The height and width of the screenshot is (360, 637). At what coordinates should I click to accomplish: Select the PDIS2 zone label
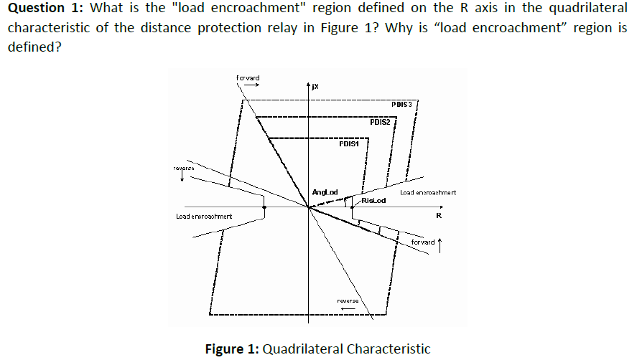tap(380, 122)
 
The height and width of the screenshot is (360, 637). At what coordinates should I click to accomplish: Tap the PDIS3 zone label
tap(401, 105)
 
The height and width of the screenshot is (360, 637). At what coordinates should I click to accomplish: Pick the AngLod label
tap(325, 191)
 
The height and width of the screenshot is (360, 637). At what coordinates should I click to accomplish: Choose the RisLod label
tap(374, 201)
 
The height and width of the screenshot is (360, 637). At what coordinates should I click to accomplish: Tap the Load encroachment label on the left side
tap(204, 216)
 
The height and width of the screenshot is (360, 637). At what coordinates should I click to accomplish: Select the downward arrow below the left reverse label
tap(182, 176)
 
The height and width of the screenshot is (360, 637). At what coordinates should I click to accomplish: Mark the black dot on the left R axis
tap(265, 207)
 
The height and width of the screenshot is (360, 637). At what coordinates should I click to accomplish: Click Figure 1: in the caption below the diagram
tap(232, 349)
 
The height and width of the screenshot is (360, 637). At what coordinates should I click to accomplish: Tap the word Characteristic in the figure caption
tap(389, 349)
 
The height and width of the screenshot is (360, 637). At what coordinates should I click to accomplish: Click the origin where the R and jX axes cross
tap(308, 207)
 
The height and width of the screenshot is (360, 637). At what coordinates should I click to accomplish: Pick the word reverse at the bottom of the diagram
tap(348, 300)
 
